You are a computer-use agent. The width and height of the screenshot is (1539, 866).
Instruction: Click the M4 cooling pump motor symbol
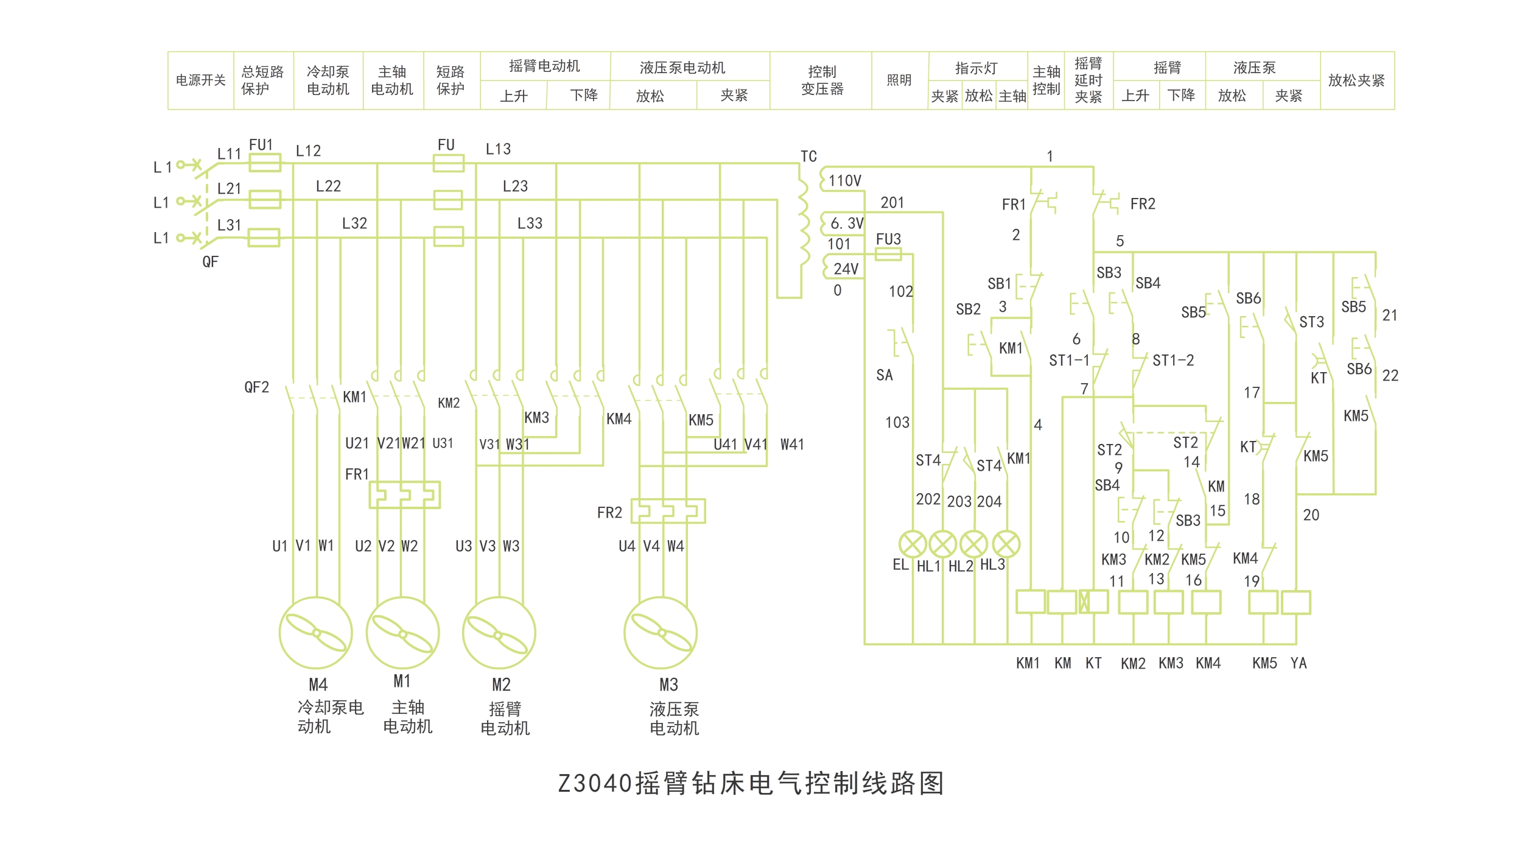(x=315, y=633)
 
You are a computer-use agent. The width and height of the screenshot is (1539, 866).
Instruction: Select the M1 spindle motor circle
(x=402, y=633)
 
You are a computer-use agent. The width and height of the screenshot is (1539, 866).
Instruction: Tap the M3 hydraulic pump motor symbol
(x=661, y=633)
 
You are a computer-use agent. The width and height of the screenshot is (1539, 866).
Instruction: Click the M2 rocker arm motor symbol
(x=499, y=633)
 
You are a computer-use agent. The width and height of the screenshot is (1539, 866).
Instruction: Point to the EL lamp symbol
(x=912, y=544)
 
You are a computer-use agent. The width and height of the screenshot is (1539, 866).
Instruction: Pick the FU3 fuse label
(x=888, y=239)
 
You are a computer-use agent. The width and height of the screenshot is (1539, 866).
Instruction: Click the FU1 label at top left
(x=261, y=145)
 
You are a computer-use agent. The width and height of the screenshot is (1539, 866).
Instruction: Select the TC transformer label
(x=808, y=157)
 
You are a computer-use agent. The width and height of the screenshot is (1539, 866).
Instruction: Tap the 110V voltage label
(x=845, y=181)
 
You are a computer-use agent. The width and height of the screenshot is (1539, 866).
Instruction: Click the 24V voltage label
(x=846, y=269)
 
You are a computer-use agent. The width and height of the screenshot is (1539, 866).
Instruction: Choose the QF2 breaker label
(x=256, y=387)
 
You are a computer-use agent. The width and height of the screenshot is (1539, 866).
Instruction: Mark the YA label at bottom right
(x=1299, y=663)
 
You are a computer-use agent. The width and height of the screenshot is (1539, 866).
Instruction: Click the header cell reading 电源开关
(x=201, y=80)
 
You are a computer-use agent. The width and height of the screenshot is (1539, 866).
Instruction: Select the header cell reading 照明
(x=899, y=80)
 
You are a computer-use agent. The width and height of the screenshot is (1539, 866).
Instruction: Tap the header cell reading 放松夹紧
(x=1356, y=80)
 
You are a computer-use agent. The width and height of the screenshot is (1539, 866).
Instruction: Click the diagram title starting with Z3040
(x=751, y=783)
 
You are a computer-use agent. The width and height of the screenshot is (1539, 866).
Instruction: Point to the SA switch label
(x=885, y=375)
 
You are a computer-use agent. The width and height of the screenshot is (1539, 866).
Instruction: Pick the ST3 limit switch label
(x=1311, y=322)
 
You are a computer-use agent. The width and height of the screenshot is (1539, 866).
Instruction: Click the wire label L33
(x=530, y=224)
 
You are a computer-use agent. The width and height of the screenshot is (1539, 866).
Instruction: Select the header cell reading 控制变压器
(x=822, y=80)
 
